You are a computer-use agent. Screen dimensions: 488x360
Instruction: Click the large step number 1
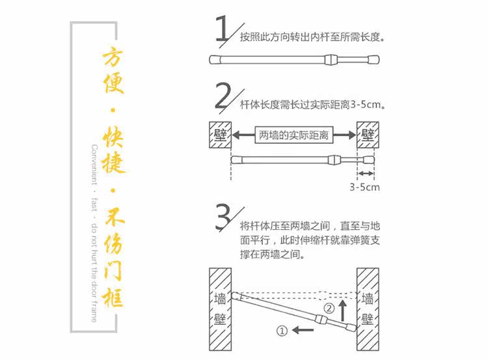click(223, 30)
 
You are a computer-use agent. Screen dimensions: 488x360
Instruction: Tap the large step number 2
click(224, 98)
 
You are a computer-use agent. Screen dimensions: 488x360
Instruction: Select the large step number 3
click(224, 217)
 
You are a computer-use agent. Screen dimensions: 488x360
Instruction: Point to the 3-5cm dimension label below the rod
click(364, 187)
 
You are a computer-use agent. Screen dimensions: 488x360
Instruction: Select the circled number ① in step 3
click(282, 331)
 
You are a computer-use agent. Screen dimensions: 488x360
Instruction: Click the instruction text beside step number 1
click(312, 37)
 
